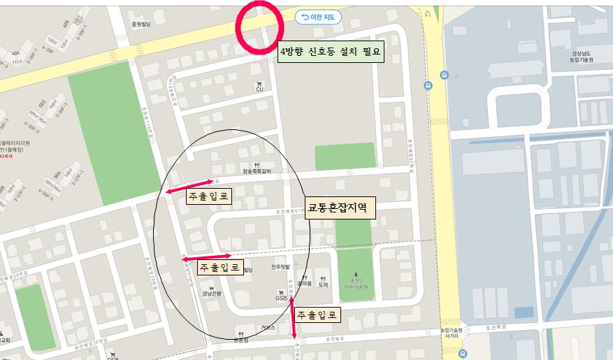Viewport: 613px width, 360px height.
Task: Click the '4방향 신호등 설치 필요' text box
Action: coord(331,52)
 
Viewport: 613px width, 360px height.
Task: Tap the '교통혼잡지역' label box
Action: coord(341,208)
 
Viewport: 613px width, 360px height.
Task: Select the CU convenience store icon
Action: coord(259,85)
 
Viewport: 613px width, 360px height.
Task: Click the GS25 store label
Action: coord(281,296)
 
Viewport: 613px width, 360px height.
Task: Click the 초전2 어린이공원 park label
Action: coord(355,282)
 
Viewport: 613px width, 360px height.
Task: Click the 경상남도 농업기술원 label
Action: coord(582,57)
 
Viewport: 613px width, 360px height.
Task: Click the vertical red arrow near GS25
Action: coord(294,318)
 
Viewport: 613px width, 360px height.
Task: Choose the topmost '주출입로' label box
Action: coord(208,197)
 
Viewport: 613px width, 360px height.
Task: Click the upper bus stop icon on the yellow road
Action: coord(444,74)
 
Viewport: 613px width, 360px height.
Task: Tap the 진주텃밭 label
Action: coord(282,267)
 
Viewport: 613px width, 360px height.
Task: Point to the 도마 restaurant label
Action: coord(323,285)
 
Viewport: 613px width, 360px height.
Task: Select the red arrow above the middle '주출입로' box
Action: coord(207,257)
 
